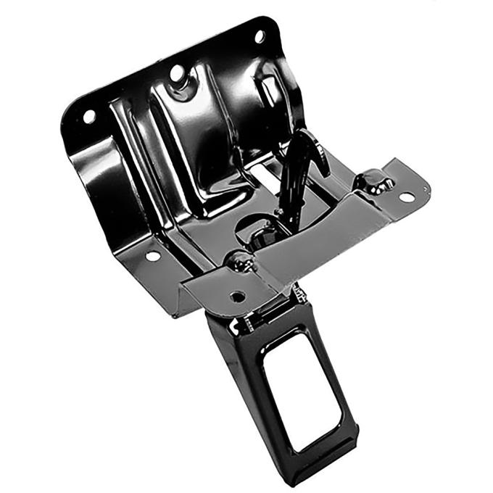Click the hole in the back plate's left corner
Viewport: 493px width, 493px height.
[89, 116]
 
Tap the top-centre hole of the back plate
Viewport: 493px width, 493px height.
[177, 72]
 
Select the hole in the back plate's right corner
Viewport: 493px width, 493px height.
[259, 36]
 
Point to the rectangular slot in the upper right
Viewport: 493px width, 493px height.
[270, 90]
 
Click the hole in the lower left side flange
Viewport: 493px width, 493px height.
[153, 256]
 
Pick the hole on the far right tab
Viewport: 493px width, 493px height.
[406, 196]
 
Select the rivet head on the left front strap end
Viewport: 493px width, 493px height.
[240, 260]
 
